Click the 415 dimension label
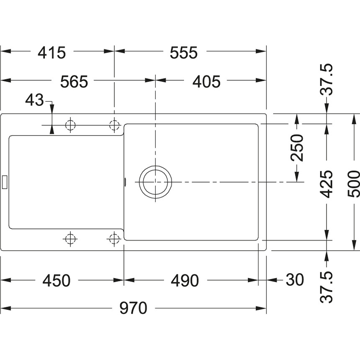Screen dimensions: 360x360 (52, 53)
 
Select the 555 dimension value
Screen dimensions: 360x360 (183, 53)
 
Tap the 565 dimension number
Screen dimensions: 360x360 (74, 82)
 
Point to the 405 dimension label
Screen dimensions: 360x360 (206, 82)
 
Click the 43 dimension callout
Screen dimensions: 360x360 (34, 100)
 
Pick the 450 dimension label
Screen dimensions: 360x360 (56, 280)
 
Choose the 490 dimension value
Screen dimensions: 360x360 (185, 280)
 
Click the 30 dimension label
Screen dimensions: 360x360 (295, 280)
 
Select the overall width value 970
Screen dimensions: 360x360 (133, 308)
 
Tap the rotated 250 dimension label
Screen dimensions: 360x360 (297, 148)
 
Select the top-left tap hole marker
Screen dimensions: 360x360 (70, 125)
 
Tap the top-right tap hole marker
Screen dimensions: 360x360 (114, 125)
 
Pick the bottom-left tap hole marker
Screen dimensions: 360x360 (70, 239)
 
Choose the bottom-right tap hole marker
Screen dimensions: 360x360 (114, 239)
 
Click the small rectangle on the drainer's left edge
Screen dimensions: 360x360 (5, 182)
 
